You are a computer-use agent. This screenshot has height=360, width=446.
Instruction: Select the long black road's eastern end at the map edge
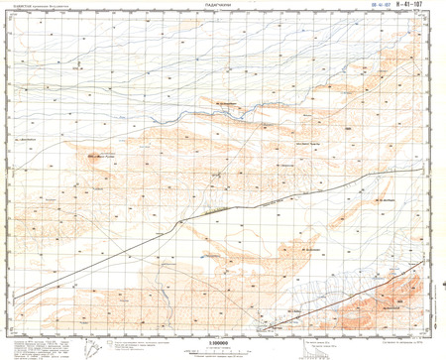[433, 170]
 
